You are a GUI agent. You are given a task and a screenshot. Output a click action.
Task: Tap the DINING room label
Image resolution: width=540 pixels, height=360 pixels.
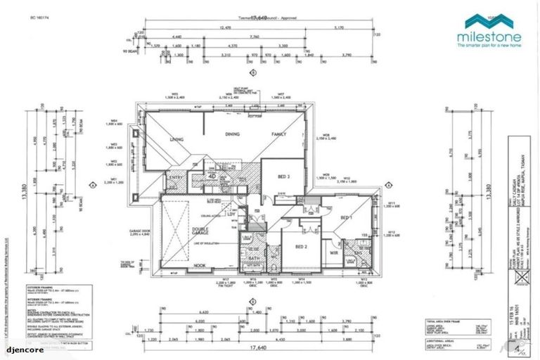pyautogui.click(x=233, y=134)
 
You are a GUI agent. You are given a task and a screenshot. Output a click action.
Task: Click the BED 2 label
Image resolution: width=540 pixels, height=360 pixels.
pyautogui.click(x=300, y=247)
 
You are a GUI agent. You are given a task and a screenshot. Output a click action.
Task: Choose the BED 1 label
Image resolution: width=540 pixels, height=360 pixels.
pyautogui.click(x=347, y=219)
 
